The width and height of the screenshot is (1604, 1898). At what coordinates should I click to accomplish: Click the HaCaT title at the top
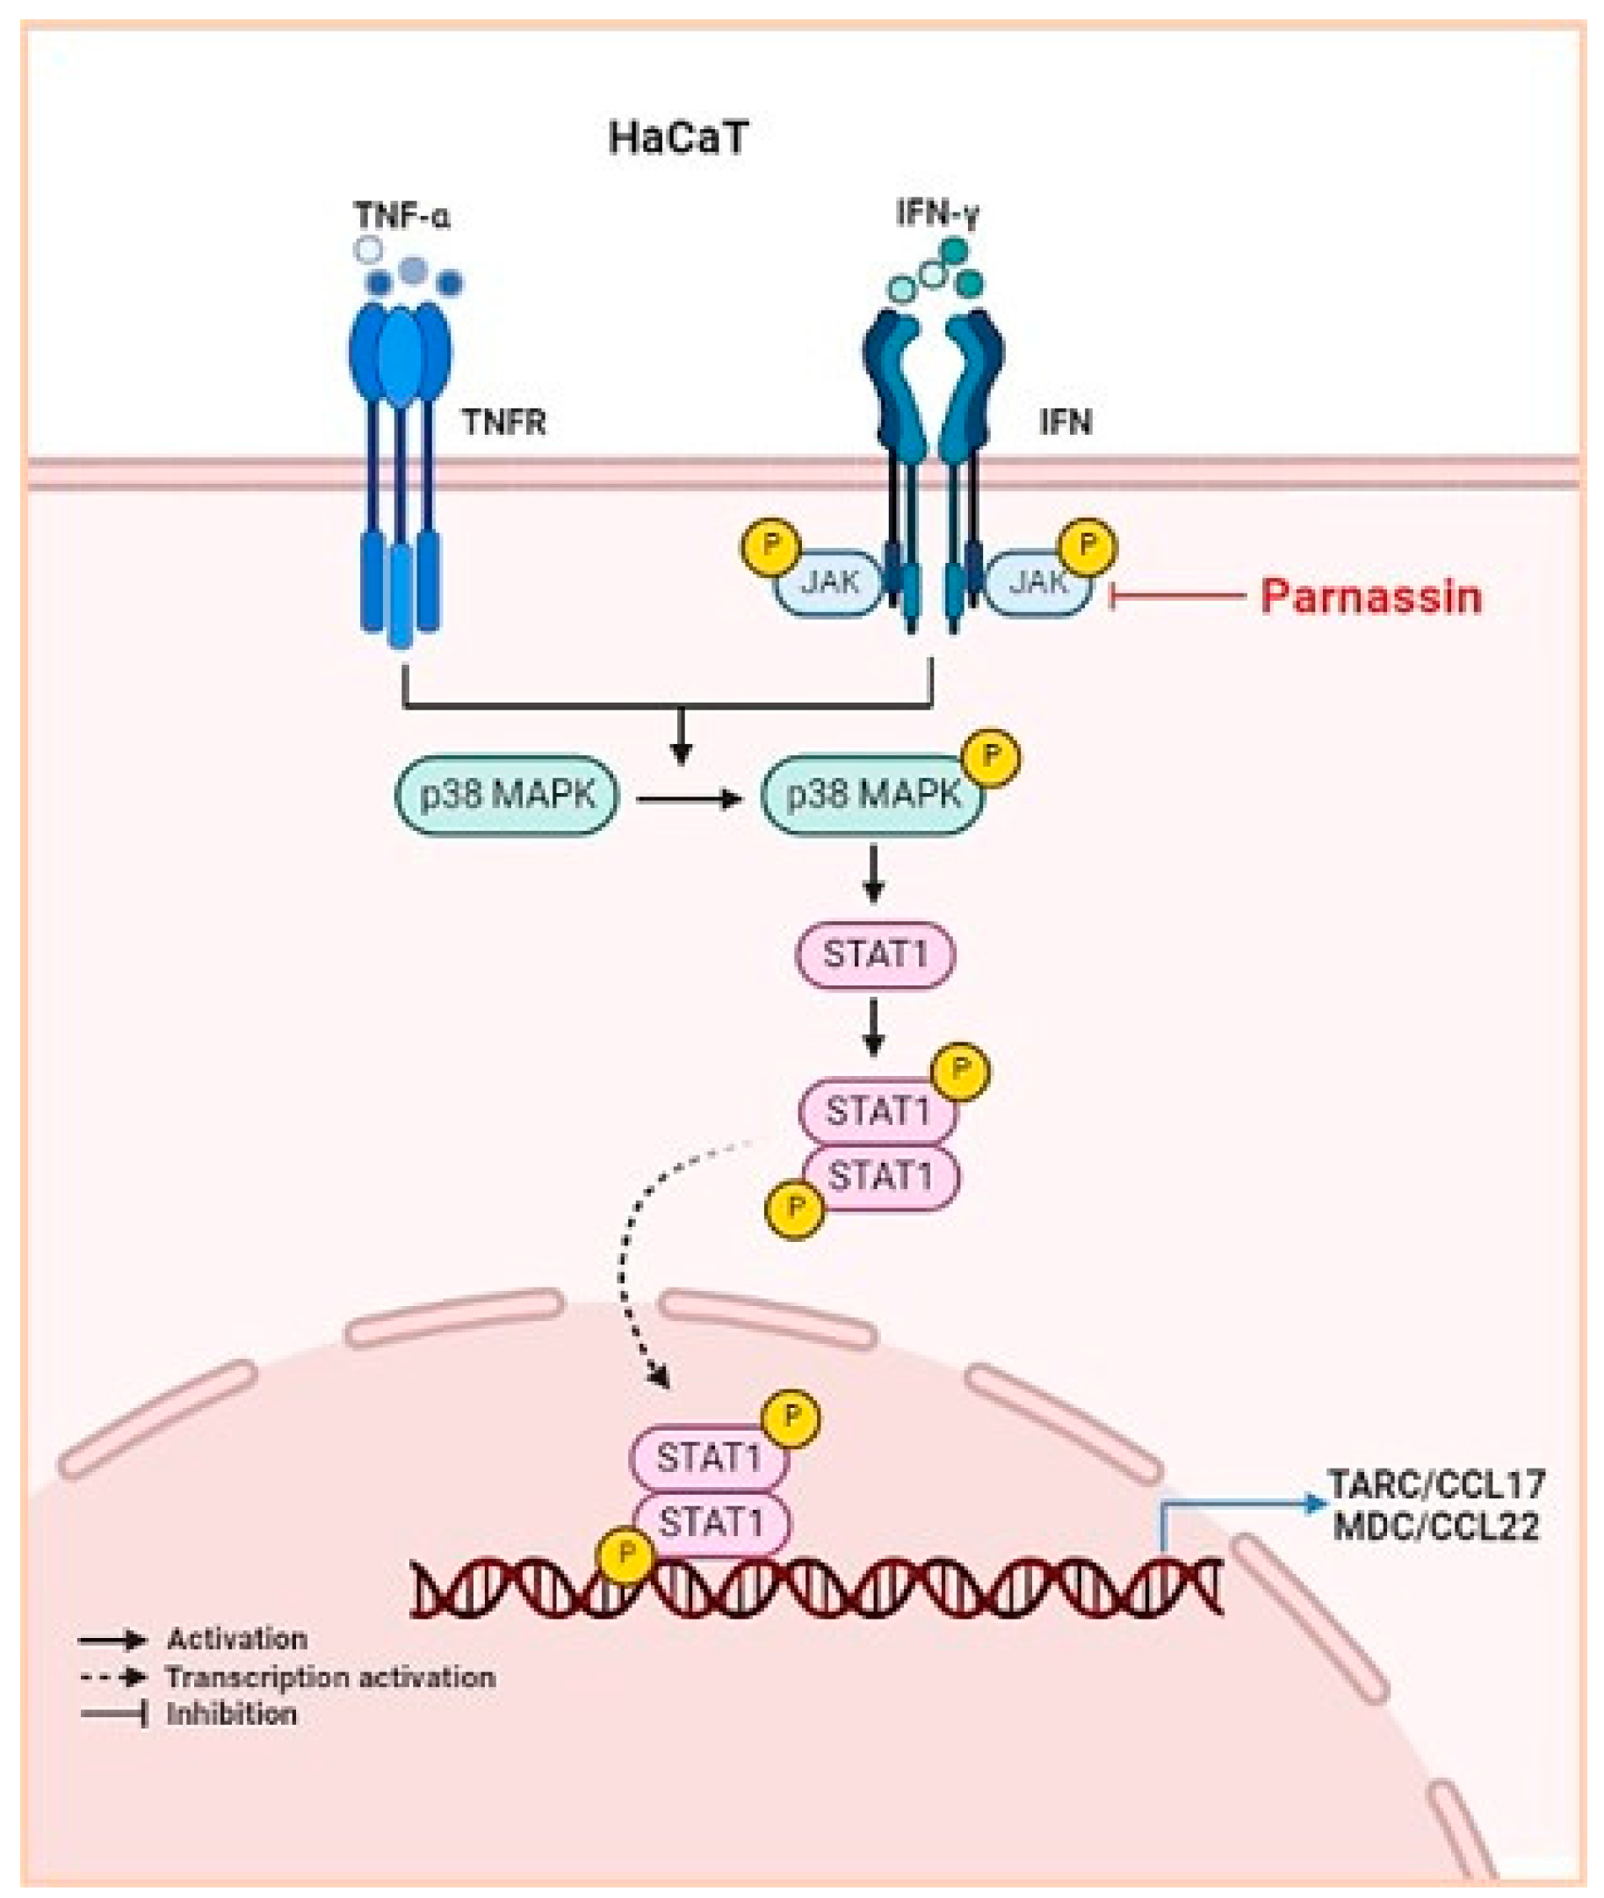pyautogui.click(x=677, y=139)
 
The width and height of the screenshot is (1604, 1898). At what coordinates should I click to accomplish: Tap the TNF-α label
pyautogui.click(x=402, y=216)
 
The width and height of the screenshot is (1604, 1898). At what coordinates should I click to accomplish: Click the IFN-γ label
pyautogui.click(x=937, y=213)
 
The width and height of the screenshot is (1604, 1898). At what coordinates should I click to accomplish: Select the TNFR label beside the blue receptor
pyautogui.click(x=505, y=422)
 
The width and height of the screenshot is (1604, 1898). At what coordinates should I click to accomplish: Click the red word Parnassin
pyautogui.click(x=1370, y=597)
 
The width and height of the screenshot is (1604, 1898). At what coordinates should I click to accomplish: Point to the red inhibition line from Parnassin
pyautogui.click(x=1178, y=597)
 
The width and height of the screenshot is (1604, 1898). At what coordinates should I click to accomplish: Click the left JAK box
pyautogui.click(x=829, y=581)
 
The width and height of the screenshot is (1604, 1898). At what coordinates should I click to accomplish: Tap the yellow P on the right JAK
pyautogui.click(x=1087, y=545)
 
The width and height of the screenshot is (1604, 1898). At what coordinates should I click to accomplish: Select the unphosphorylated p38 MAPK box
pyautogui.click(x=507, y=796)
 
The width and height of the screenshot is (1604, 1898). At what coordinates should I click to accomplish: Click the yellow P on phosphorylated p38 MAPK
pyautogui.click(x=992, y=756)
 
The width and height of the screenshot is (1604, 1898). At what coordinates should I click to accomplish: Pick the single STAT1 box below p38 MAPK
pyautogui.click(x=875, y=956)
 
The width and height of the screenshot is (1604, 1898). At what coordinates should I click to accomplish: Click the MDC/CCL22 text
pyautogui.click(x=1437, y=1526)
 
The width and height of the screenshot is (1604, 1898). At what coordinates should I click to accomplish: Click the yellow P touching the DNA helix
pyautogui.click(x=625, y=1555)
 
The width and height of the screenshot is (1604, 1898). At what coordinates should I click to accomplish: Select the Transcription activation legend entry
pyautogui.click(x=330, y=1678)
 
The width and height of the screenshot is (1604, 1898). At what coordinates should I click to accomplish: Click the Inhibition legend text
pyautogui.click(x=231, y=1714)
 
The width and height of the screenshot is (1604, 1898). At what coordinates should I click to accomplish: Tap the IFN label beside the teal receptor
pyautogui.click(x=1066, y=422)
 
